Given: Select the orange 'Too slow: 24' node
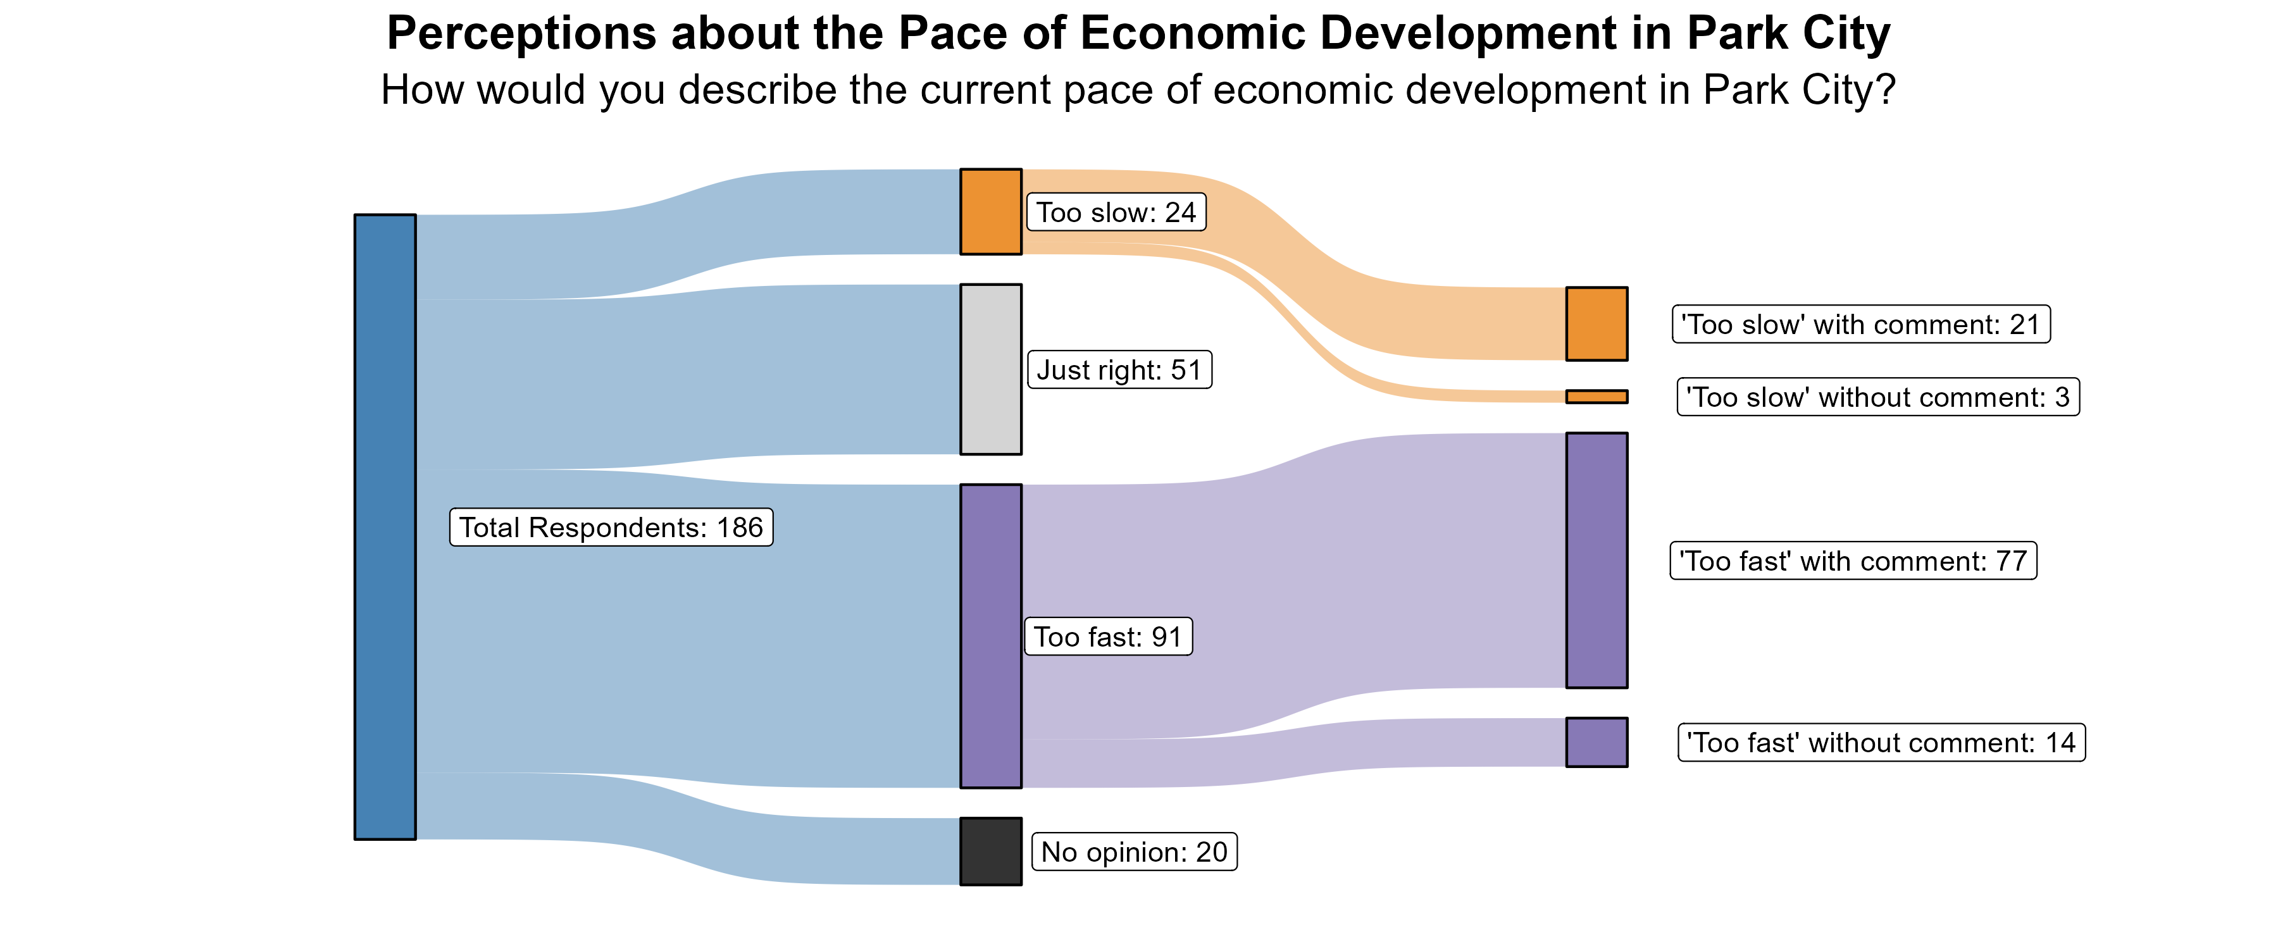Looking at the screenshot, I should click(990, 211).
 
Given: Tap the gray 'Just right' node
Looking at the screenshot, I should click(990, 369).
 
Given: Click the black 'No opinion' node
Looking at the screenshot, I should click(990, 851).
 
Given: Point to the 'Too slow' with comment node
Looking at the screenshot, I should click(1596, 324).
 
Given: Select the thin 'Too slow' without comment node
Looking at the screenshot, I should click(1596, 396).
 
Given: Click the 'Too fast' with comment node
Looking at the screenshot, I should click(1596, 560).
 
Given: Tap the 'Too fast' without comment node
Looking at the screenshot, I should click(1596, 742).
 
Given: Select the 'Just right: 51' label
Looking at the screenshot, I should click(1119, 369).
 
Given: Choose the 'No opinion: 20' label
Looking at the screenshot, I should click(1134, 852).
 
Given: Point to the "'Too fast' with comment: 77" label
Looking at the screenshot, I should click(1853, 561).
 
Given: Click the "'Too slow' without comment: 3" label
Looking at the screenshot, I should click(1877, 397).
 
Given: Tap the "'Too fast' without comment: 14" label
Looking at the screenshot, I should click(1881, 742).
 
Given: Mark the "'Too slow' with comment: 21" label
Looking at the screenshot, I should click(1860, 325).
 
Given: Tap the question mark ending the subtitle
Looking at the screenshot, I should click(1886, 90).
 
